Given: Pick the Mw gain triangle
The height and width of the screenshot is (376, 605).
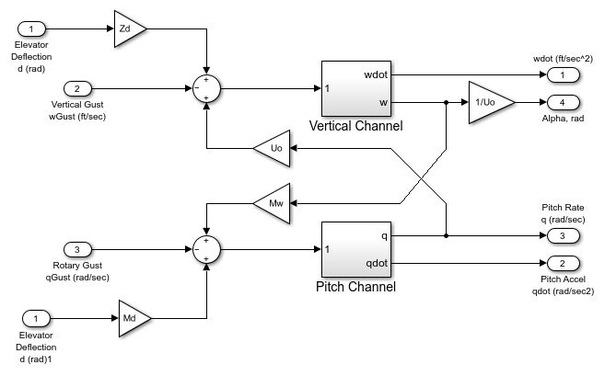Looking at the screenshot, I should pos(273,202).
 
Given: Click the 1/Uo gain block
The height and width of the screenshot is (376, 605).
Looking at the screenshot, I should pos(485,102).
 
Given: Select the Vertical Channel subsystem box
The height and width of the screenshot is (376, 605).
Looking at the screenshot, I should pos(355,88).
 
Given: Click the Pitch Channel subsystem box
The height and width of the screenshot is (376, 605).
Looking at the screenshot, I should pos(355,248).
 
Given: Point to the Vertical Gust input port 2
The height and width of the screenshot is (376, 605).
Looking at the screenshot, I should pos(78,89).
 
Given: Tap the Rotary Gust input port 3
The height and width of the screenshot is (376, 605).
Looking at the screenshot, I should pos(78,249).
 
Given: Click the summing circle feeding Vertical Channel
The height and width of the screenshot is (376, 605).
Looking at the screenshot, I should pos(208,89).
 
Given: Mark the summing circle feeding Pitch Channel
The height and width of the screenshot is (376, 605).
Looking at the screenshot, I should pos(208,249).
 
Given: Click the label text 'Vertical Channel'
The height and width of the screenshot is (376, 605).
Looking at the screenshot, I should pos(355,125).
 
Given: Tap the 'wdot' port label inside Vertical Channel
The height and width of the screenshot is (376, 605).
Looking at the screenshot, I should pos(377,74).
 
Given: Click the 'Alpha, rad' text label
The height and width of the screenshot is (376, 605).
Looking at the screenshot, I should pos(561,118).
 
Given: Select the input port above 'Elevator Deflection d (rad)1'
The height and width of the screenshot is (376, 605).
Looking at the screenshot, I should pos(36,318).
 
